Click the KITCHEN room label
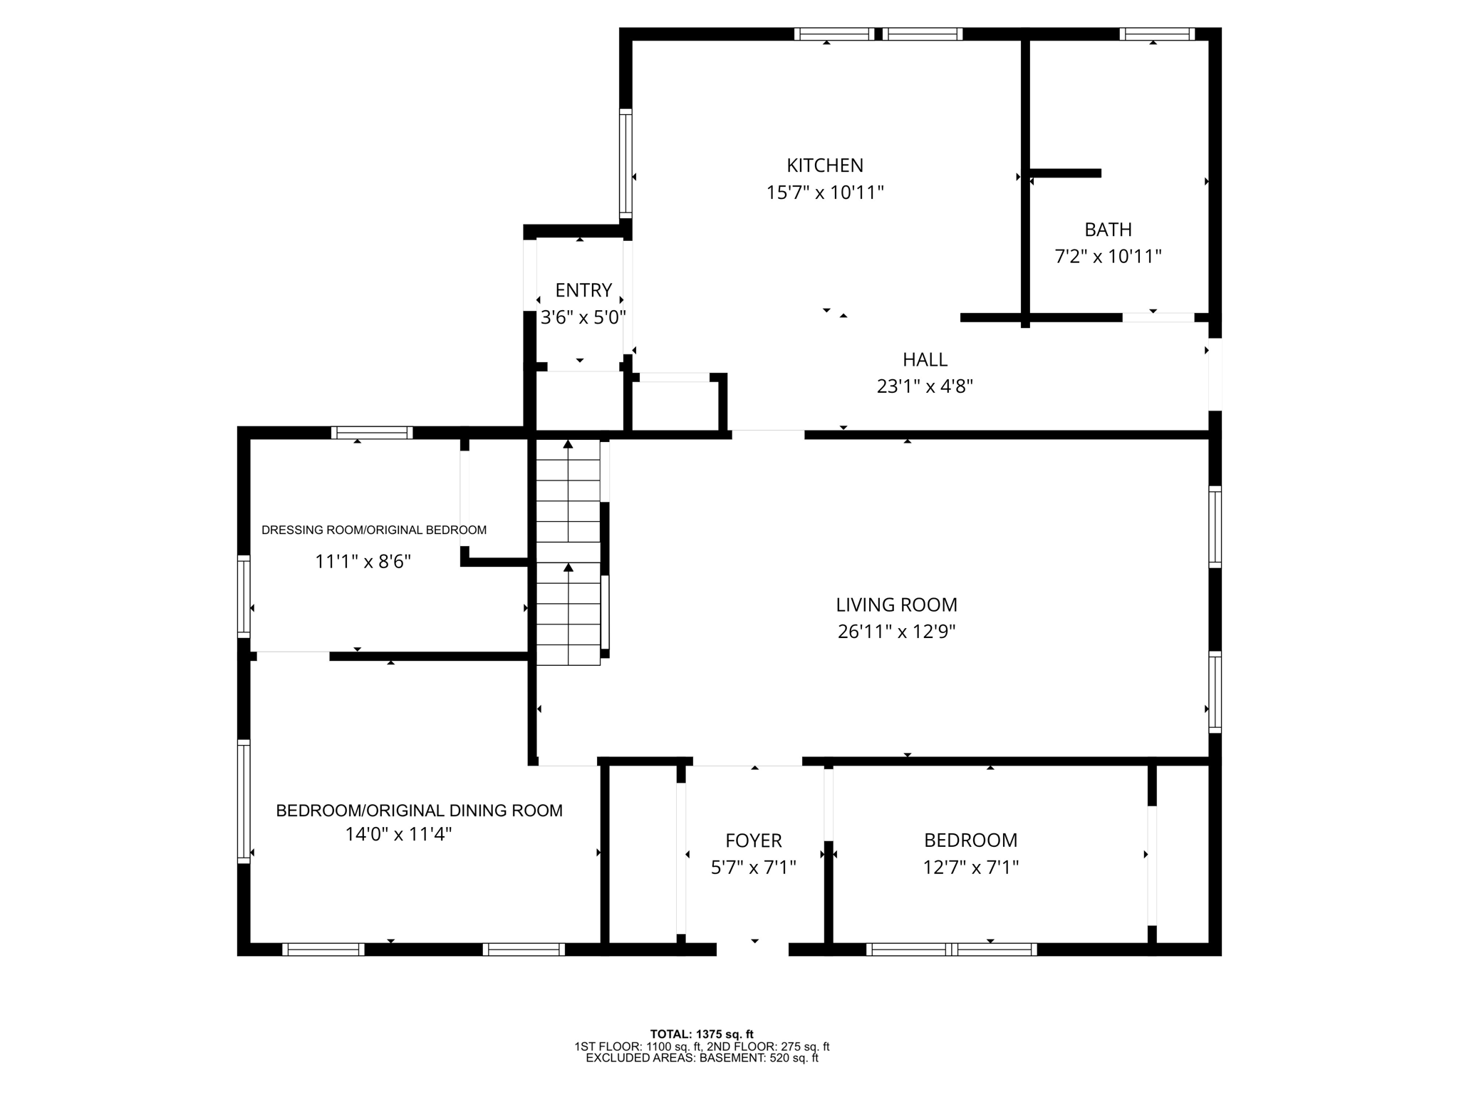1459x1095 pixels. [824, 165]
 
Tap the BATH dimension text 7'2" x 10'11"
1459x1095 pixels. [1108, 257]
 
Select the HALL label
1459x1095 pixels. [925, 359]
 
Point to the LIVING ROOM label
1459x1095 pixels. [896, 605]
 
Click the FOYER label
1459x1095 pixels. [753, 840]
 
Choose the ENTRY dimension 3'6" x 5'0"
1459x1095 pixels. [583, 317]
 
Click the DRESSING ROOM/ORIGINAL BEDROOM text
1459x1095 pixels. [374, 530]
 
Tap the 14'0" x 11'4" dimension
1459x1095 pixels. [398, 834]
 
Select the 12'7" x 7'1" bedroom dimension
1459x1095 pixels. [970, 868]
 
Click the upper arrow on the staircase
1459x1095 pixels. [568, 445]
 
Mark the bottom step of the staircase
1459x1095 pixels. [568, 655]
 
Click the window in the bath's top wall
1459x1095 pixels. [1156, 34]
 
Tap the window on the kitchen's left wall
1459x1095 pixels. [625, 163]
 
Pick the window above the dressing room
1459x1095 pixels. [371, 432]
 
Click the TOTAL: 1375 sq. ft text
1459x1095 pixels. [701, 1034]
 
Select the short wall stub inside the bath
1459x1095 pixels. [1066, 173]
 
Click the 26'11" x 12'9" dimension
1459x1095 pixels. [896, 632]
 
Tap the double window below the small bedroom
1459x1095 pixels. [951, 949]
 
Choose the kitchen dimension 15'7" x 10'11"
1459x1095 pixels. [824, 192]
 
